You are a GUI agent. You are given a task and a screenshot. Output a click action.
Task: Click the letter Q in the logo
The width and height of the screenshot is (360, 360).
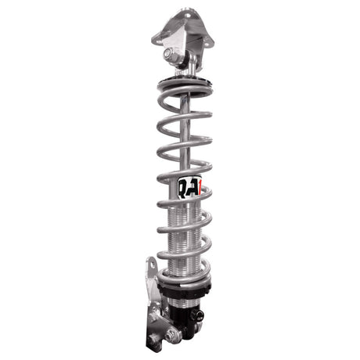click(182, 187)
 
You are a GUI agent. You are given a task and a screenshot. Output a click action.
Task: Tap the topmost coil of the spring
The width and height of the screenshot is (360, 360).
click(186, 98)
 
